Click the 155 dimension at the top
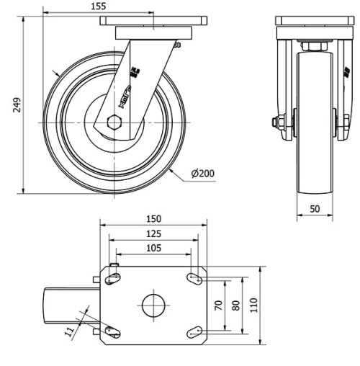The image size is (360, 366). pyautogui.click(x=99, y=6)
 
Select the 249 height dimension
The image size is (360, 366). pyautogui.click(x=17, y=105)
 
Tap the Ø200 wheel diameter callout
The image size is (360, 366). pyautogui.click(x=204, y=174)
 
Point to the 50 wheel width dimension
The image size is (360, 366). pyautogui.click(x=315, y=208)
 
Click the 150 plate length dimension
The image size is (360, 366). pyautogui.click(x=153, y=219)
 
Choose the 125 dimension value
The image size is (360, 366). pyautogui.click(x=153, y=233)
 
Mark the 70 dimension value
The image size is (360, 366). pyautogui.click(x=219, y=305)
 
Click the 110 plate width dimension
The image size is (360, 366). pyautogui.click(x=253, y=305)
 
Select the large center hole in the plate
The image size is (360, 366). pyautogui.click(x=153, y=305)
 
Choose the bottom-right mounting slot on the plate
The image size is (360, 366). pyautogui.click(x=194, y=331)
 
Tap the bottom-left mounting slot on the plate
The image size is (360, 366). pyautogui.click(x=112, y=331)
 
